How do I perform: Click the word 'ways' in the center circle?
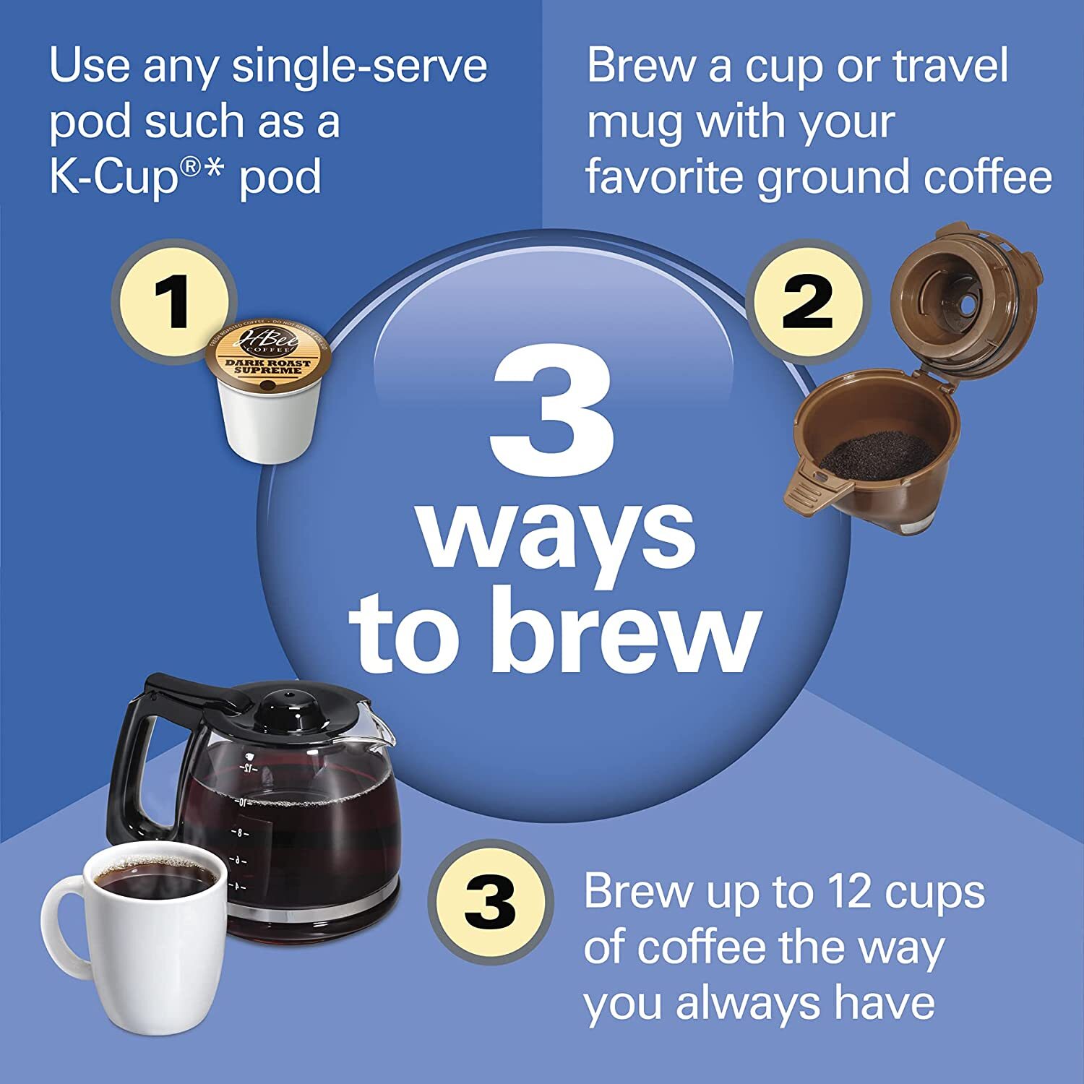click(x=556, y=531)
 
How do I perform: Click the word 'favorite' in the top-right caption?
click(x=665, y=177)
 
